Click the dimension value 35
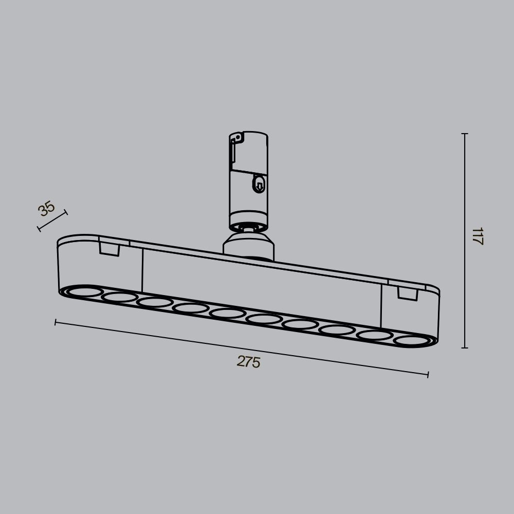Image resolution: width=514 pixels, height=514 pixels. tap(46, 209)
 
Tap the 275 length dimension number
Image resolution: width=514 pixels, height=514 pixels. tap(248, 362)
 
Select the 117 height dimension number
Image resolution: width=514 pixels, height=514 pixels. tap(478, 236)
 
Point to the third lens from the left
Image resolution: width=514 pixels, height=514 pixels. tap(155, 302)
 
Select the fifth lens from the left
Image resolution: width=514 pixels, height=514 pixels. tap(227, 313)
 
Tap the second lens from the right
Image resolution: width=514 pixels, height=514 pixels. tap(374, 335)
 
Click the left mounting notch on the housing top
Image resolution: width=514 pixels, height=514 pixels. tap(109, 249)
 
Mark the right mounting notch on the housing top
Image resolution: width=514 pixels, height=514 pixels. tap(407, 293)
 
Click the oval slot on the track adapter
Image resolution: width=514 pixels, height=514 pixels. tap(259, 184)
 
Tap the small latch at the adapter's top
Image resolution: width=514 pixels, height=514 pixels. tap(236, 138)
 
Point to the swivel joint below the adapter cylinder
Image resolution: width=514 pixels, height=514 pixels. tap(249, 227)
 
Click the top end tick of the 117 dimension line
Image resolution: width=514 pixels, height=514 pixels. tap(465, 134)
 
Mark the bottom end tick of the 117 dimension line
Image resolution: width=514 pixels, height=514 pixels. tap(465, 348)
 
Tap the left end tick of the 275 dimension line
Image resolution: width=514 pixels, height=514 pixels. tap(56, 322)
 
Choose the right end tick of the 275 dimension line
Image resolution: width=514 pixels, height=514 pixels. tap(428, 375)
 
